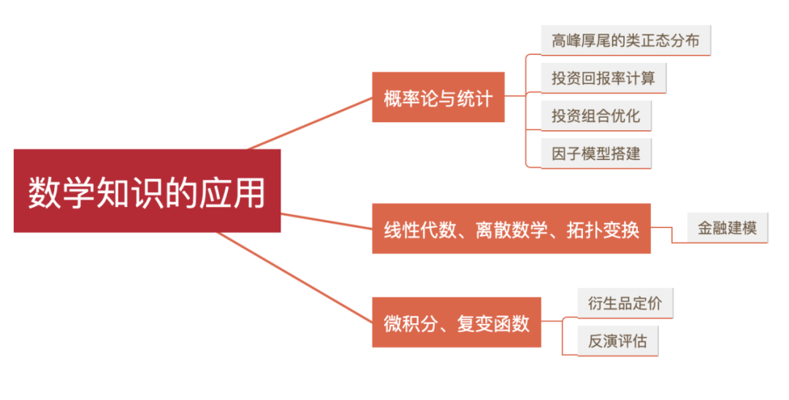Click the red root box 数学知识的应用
click(x=147, y=191)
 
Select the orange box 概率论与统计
click(x=438, y=97)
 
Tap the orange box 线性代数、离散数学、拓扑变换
click(x=511, y=229)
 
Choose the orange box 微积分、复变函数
click(x=457, y=322)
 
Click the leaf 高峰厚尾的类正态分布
click(x=625, y=40)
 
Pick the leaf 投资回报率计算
click(x=603, y=78)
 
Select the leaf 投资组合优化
click(x=595, y=116)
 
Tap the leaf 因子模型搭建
click(x=595, y=154)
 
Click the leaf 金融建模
click(x=727, y=228)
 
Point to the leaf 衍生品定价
click(x=625, y=303)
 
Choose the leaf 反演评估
click(x=617, y=341)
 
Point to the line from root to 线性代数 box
click(x=327, y=221)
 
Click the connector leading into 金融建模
click(x=668, y=233)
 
